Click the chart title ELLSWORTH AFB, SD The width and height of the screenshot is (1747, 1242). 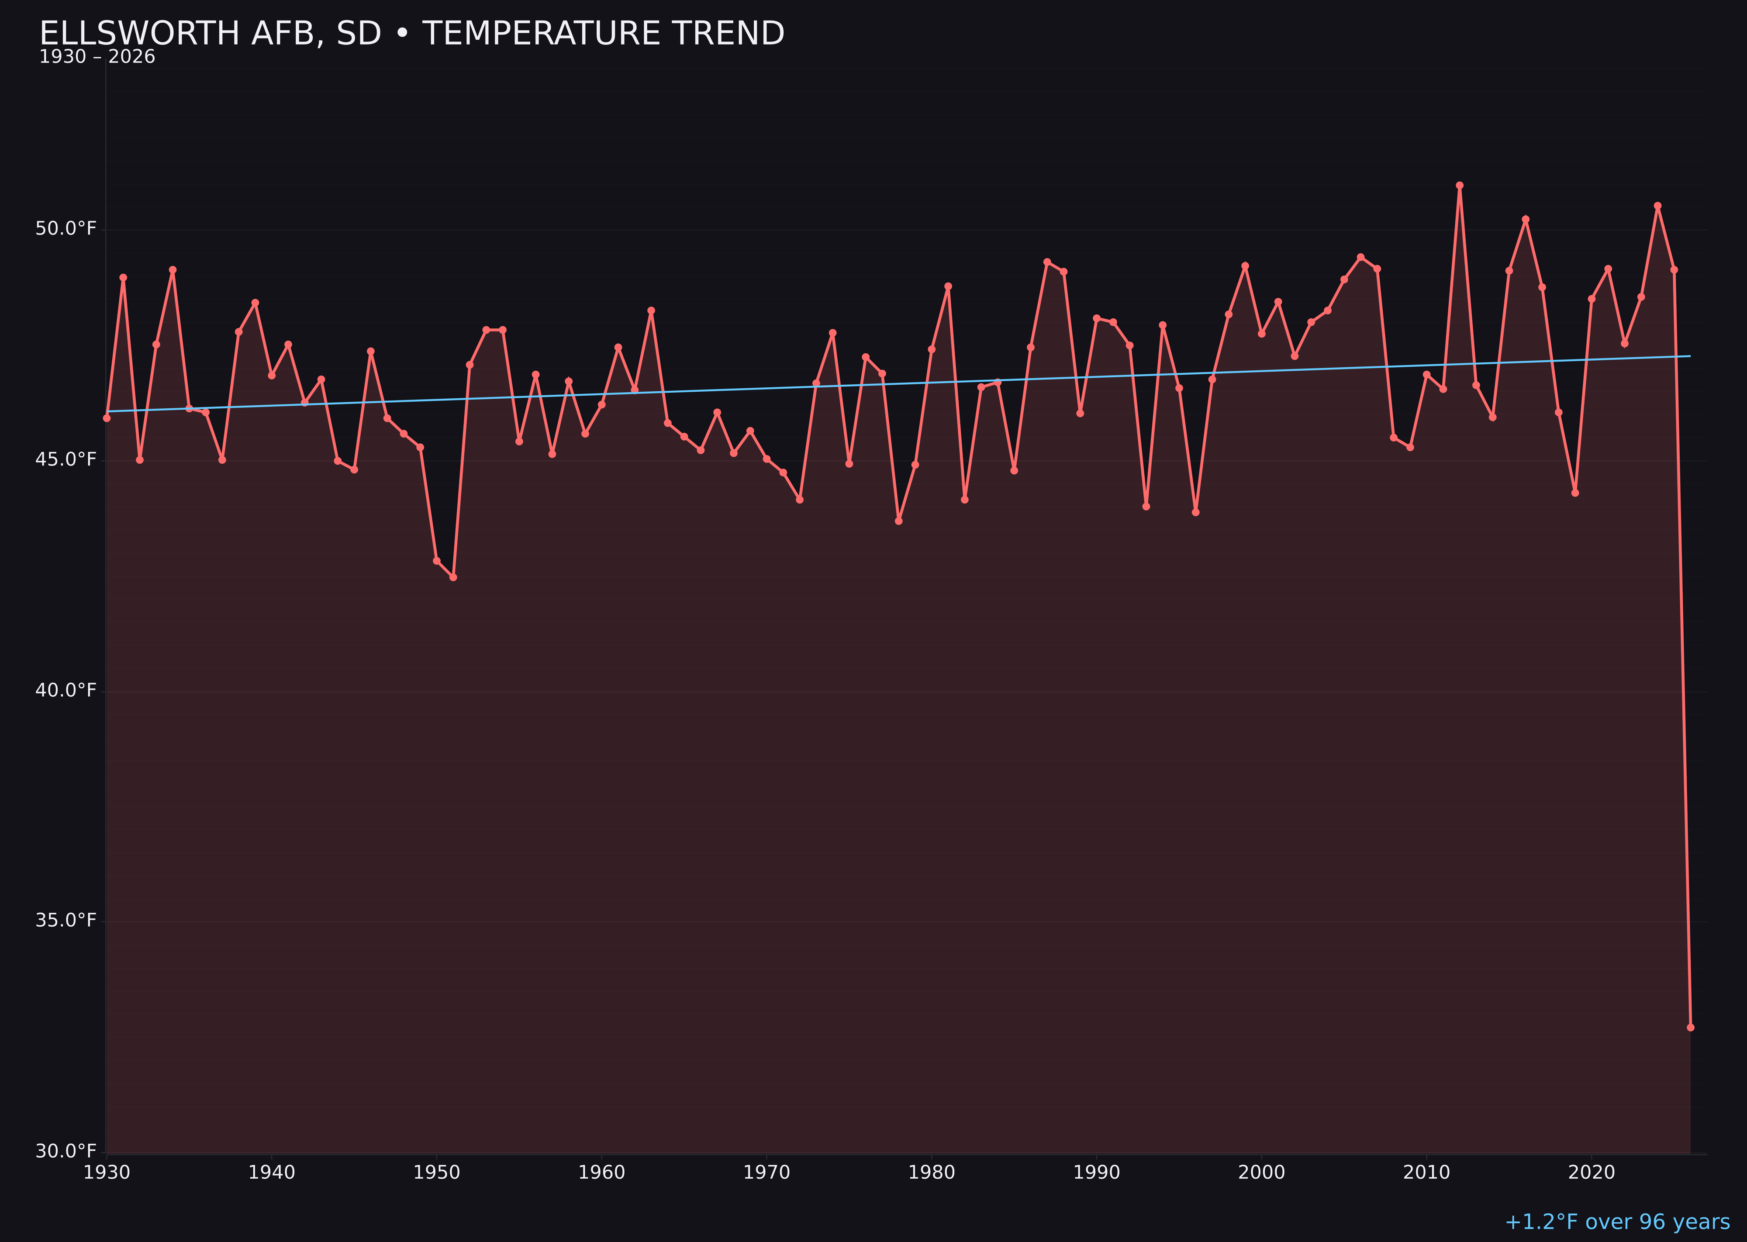point(411,34)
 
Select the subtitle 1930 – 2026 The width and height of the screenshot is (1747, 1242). point(97,57)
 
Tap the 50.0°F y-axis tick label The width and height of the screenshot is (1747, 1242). point(66,229)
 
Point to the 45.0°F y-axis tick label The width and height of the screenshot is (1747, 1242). point(66,459)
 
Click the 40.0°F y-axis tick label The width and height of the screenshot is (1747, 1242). point(66,690)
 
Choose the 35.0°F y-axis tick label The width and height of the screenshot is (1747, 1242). point(66,920)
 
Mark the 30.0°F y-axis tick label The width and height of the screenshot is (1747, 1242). point(66,1151)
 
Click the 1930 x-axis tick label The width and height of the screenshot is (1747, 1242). point(106,1173)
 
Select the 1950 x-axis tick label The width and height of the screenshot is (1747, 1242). point(437,1173)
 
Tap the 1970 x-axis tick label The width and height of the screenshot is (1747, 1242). point(766,1173)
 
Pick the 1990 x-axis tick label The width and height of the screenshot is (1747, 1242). point(1097,1173)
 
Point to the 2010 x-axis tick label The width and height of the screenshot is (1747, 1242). point(1426,1173)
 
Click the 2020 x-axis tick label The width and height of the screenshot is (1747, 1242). point(1592,1173)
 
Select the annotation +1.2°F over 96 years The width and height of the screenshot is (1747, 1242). point(1617,1222)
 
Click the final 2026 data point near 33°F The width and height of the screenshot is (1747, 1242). point(1690,1027)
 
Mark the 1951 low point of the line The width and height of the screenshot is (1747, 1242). point(453,577)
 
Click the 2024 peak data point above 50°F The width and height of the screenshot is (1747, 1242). point(1657,206)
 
